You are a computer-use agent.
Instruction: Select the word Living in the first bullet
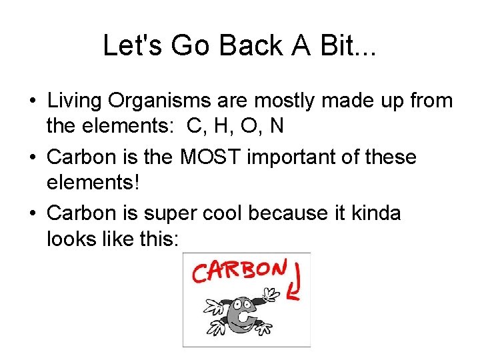point(75,101)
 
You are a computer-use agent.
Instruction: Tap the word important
point(296,157)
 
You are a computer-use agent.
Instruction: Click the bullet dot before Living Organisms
point(33,102)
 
